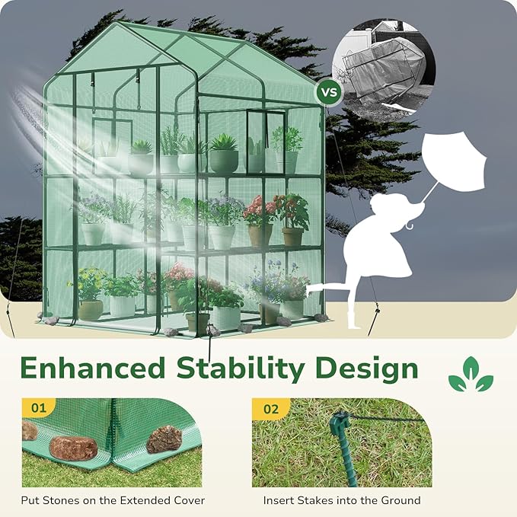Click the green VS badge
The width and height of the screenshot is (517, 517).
pos(329,93)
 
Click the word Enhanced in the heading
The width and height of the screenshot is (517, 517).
pos(93,369)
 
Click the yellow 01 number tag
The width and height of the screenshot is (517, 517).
pos(38,408)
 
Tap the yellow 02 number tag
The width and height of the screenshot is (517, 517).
pos(271,408)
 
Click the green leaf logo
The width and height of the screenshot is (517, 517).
pos(470,374)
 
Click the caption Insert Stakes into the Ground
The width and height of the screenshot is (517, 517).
pos(342,500)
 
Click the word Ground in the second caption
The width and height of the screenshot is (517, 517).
pos(399,500)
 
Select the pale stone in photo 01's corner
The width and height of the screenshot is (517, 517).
pos(28,431)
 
